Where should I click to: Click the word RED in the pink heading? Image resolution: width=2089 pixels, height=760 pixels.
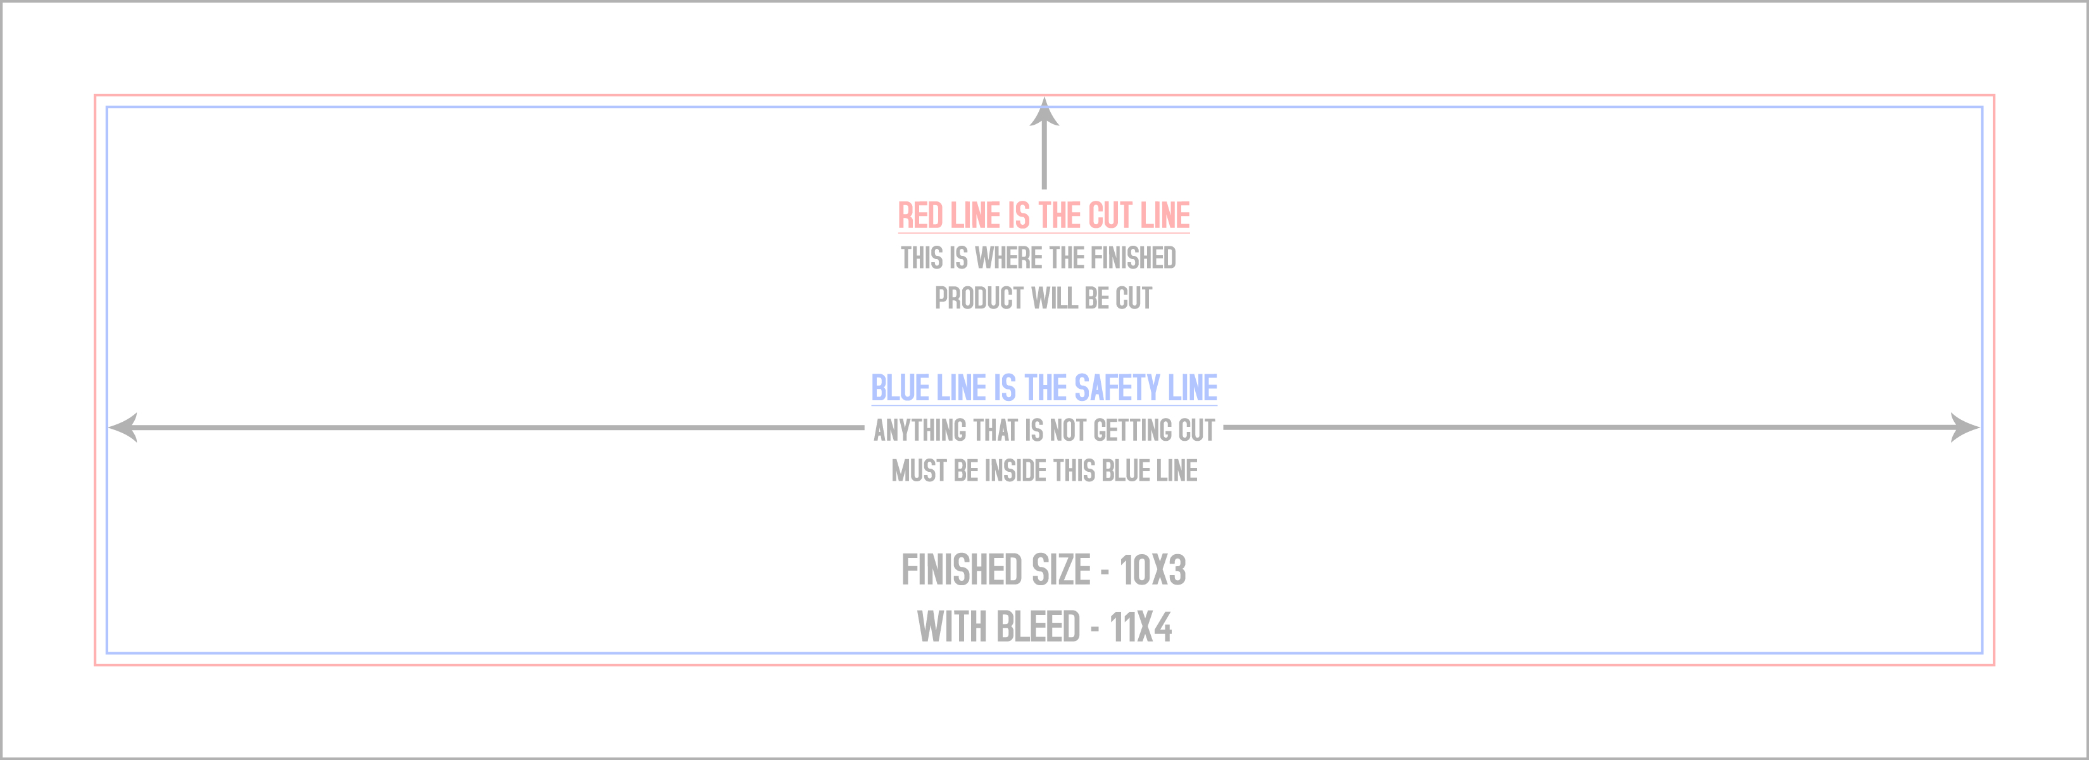(x=920, y=216)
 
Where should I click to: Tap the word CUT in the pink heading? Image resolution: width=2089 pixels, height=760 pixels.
(x=1109, y=216)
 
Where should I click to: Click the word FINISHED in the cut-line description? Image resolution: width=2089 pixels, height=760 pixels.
(x=1133, y=258)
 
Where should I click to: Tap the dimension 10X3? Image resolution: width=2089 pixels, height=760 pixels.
(x=1152, y=570)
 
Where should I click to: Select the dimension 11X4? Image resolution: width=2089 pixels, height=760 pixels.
(x=1140, y=627)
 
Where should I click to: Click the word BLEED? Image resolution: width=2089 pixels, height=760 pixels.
(x=1038, y=627)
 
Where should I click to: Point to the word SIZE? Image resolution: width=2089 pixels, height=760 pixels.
(x=1060, y=570)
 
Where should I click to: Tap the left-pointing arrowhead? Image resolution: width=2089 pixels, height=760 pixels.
(x=123, y=427)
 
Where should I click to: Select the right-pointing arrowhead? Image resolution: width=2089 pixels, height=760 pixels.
(x=1964, y=427)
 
